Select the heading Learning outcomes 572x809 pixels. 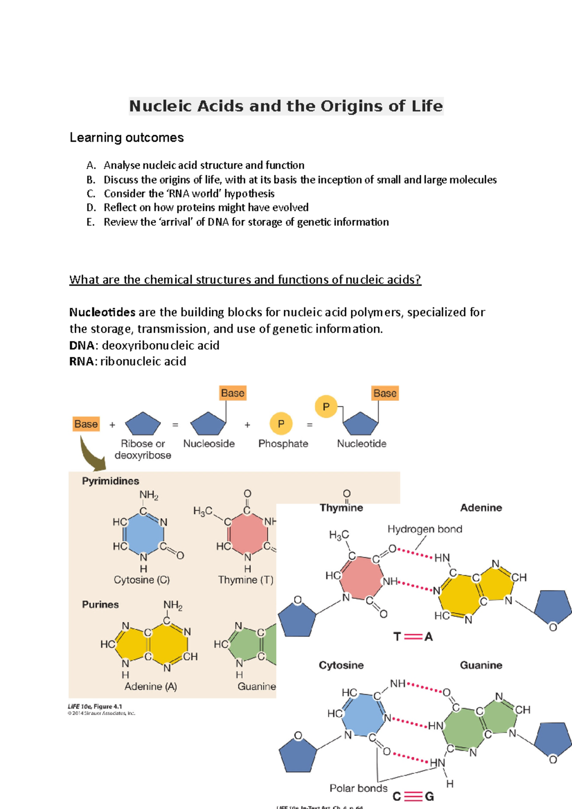(x=126, y=138)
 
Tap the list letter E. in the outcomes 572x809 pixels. (x=91, y=222)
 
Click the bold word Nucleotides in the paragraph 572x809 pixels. (x=102, y=313)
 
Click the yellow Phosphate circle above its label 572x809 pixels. (x=281, y=424)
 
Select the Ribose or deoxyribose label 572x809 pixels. (x=143, y=449)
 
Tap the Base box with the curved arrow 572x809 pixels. (x=86, y=424)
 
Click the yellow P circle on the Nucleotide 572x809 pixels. (x=326, y=406)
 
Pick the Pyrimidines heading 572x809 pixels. (x=111, y=481)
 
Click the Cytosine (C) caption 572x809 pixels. (x=142, y=580)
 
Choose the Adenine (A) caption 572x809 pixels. (x=151, y=687)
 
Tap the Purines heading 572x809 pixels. (x=100, y=605)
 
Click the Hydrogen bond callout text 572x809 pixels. (x=425, y=529)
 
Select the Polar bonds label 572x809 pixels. (x=358, y=788)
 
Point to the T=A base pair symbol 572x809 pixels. (x=413, y=637)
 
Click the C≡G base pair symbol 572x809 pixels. (x=413, y=796)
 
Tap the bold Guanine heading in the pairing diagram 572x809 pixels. (x=481, y=665)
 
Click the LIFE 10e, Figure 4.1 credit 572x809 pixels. (x=95, y=707)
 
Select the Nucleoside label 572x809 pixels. (x=209, y=444)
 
